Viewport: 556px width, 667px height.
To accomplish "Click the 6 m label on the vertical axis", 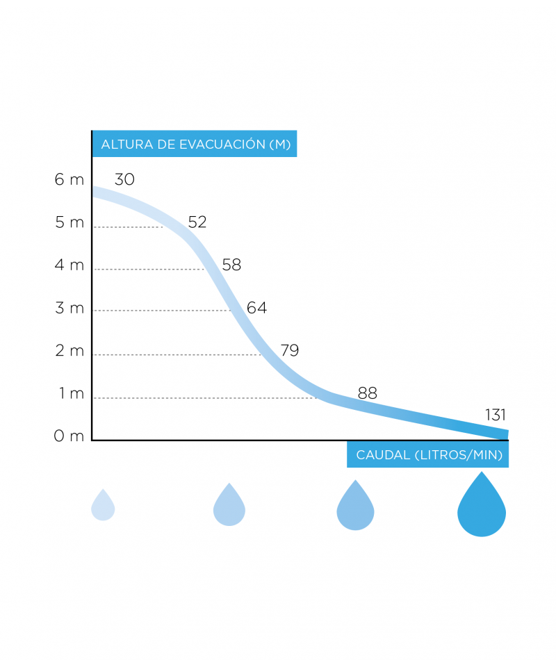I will [69, 180].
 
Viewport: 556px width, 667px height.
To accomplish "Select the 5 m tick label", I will [69, 222].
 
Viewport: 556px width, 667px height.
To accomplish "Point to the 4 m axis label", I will [69, 265].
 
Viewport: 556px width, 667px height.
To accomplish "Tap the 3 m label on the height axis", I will [69, 308].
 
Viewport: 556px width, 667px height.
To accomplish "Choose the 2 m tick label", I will [69, 351].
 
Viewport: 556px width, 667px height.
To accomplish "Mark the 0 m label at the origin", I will [69, 436].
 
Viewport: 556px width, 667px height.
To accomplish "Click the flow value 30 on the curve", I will [124, 180].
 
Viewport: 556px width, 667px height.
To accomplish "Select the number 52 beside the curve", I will [197, 222].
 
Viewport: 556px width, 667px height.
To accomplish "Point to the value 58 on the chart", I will [231, 265].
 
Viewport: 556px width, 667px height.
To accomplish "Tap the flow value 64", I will [257, 308].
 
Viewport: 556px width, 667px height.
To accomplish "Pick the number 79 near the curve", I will [289, 351].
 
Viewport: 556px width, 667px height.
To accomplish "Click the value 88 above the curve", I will [367, 393].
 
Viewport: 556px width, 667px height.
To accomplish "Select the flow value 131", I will [495, 415].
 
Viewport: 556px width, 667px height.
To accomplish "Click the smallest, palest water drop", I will [103, 505].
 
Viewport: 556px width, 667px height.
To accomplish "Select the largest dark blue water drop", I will [482, 505].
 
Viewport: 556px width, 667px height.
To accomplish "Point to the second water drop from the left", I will [229, 504].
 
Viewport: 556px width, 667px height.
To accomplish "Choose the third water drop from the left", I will [355, 505].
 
